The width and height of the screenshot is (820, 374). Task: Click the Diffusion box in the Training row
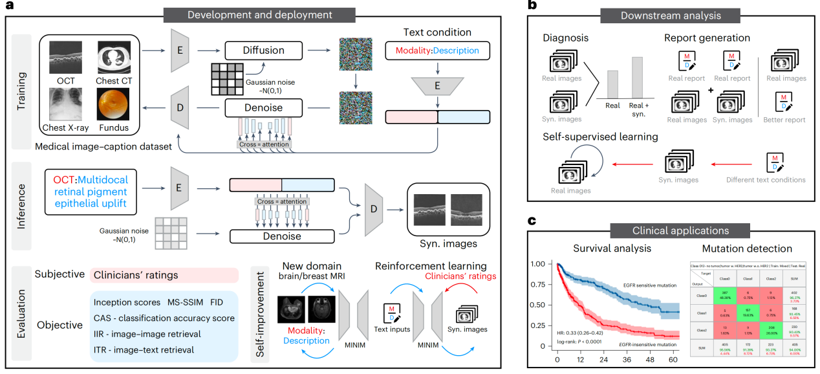[x=264, y=50]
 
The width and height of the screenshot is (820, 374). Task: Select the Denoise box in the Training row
[x=264, y=107]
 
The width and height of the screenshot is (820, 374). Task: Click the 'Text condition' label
[x=437, y=32]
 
